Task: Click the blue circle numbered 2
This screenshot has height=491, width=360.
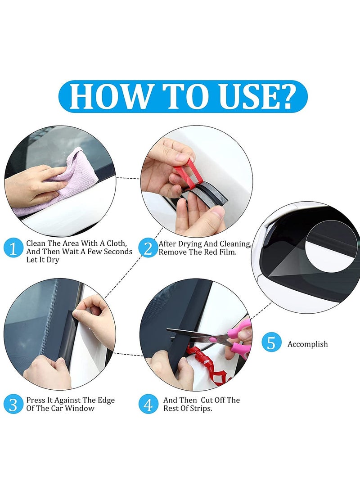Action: [x=148, y=248]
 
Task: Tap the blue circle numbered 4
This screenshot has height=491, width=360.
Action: [x=148, y=404]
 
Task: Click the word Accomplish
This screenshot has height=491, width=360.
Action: [x=308, y=344]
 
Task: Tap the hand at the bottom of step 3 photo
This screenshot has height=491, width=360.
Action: [x=47, y=374]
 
